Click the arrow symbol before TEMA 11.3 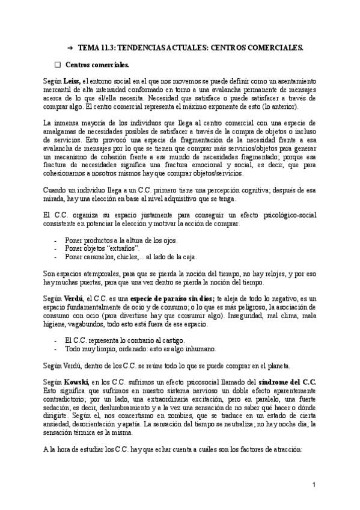(70, 46)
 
